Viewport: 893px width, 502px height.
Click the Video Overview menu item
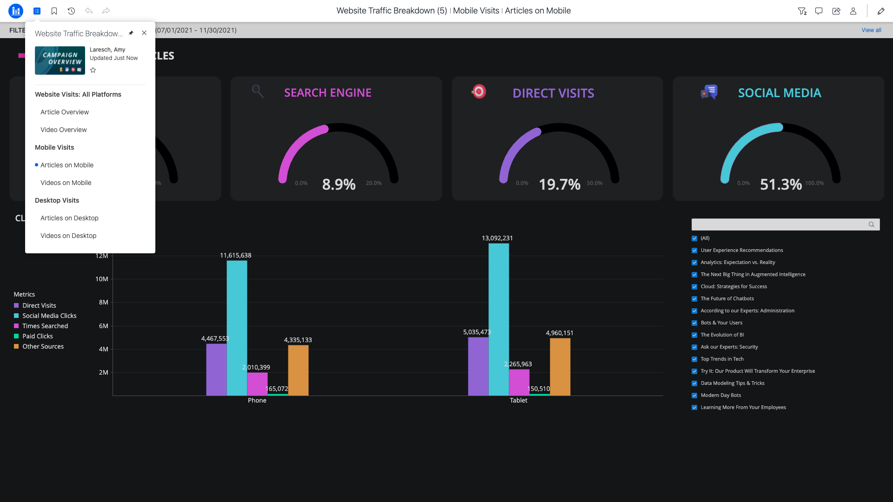click(63, 130)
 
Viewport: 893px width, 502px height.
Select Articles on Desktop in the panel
click(69, 218)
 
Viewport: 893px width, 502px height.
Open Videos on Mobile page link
click(66, 183)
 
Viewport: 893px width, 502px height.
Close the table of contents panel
click(144, 33)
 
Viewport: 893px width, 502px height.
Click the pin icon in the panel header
click(131, 33)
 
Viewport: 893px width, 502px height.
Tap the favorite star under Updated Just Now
click(93, 70)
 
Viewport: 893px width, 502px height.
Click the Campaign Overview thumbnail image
click(60, 60)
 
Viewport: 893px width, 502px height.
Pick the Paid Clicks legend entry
click(37, 336)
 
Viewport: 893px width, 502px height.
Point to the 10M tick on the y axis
click(102, 279)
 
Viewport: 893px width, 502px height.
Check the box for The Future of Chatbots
click(694, 299)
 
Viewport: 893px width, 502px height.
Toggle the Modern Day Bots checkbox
click(694, 396)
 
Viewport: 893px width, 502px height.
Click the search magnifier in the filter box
click(871, 225)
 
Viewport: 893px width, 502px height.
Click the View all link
click(871, 30)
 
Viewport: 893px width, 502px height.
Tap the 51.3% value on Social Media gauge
click(780, 185)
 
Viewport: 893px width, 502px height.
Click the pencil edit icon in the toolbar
click(880, 11)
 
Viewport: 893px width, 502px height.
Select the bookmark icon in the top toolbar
click(54, 11)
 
